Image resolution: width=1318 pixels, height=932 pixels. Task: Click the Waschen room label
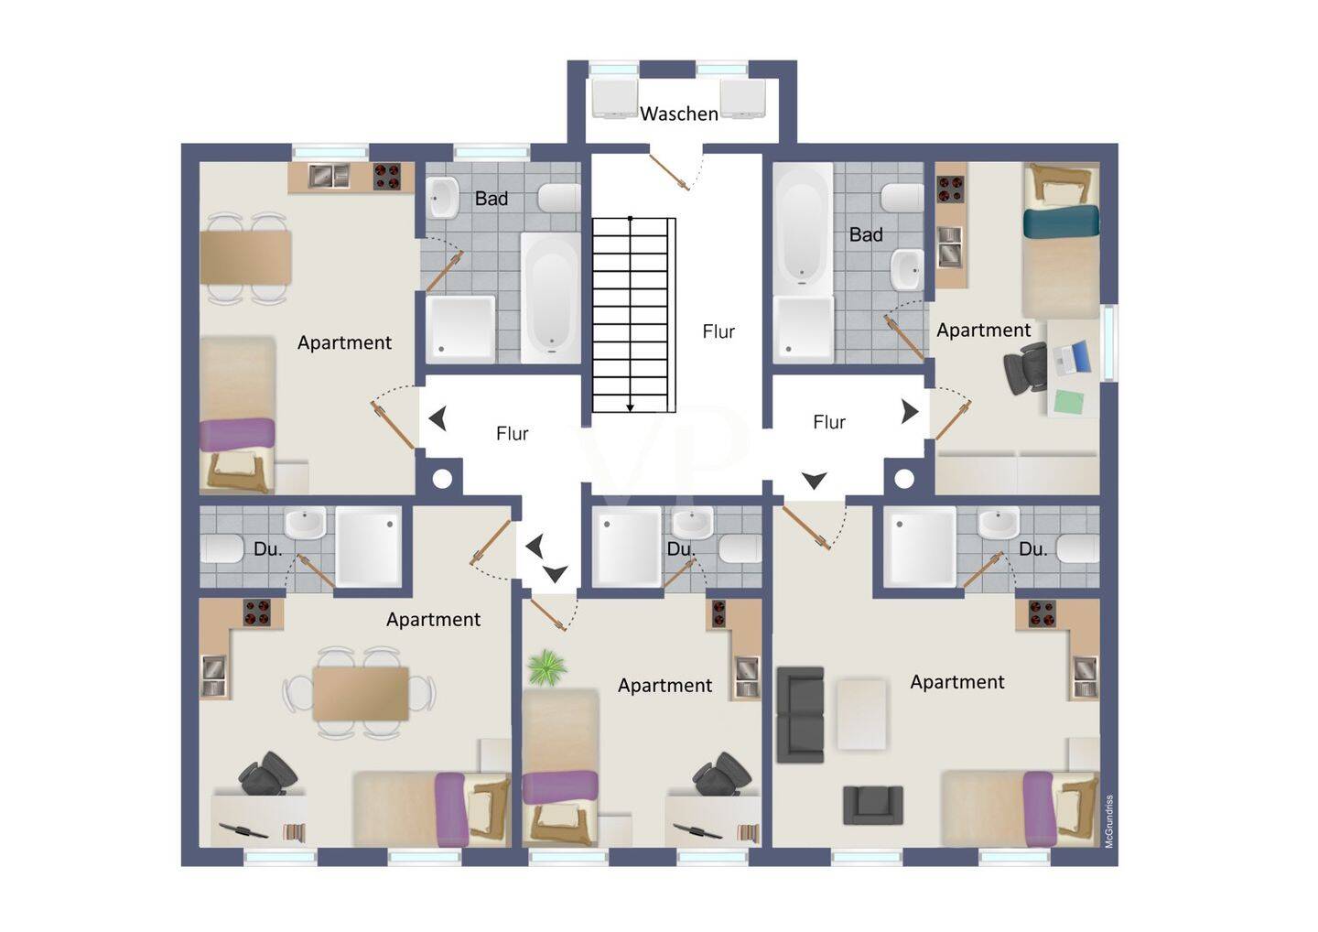click(x=679, y=114)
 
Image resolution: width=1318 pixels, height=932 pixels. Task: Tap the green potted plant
click(x=547, y=667)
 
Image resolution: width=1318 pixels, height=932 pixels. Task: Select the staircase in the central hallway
click(x=633, y=315)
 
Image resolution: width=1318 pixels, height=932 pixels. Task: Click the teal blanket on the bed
click(x=1061, y=222)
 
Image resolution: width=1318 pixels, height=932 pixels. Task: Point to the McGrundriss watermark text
click(x=1109, y=821)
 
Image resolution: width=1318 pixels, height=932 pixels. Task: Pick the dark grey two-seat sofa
click(x=800, y=715)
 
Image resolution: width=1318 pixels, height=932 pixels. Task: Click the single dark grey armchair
click(x=872, y=805)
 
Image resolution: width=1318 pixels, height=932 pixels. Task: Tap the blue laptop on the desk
click(x=1072, y=358)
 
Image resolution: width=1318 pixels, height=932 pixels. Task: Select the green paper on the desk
click(x=1070, y=403)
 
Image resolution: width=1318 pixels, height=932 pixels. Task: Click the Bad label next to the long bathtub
click(x=866, y=234)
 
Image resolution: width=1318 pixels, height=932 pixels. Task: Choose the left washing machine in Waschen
click(x=614, y=99)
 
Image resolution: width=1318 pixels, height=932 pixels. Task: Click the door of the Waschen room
click(x=670, y=172)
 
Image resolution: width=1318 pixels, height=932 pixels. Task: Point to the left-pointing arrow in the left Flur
click(x=438, y=419)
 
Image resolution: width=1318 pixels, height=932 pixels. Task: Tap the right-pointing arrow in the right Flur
click(x=910, y=412)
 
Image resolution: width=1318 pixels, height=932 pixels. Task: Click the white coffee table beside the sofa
click(x=861, y=714)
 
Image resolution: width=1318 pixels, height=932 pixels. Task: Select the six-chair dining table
click(x=360, y=693)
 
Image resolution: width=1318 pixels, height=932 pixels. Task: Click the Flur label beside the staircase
click(x=718, y=331)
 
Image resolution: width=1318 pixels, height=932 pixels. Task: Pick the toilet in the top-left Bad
click(x=559, y=198)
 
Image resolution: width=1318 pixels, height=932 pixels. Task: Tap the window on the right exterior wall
click(x=1108, y=342)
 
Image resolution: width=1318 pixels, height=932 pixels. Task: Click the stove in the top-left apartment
click(x=387, y=177)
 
